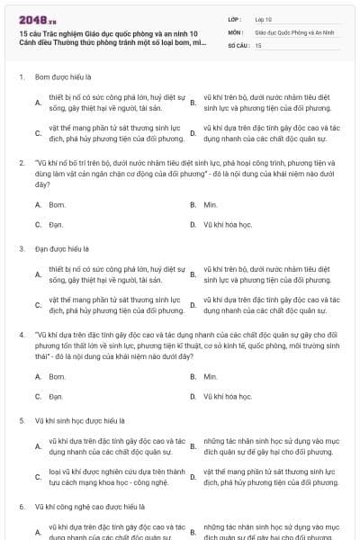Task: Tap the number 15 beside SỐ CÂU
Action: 258,44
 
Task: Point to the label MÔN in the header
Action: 235,31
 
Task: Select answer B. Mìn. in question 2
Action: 211,205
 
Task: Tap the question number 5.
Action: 21,419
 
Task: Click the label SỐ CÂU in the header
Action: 238,44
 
